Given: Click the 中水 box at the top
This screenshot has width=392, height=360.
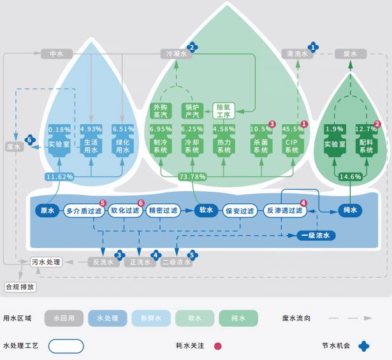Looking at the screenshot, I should pos(56,54).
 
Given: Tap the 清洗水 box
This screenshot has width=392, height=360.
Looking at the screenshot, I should pos(298,54).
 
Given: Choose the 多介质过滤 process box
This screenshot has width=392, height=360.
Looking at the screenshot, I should pos(83,210).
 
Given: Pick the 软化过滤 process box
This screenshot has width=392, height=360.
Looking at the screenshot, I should pos(125,210).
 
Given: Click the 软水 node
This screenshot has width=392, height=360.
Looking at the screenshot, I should pos(205,210).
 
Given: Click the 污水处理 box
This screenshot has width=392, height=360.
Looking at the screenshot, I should pos(47,262).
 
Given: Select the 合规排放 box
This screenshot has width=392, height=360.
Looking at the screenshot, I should pos(21,287).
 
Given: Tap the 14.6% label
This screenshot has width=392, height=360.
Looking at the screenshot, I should pos(351,176).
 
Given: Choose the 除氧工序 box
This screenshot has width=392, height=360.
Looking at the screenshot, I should pos(223,111).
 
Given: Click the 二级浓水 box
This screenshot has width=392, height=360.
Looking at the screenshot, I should pos(176,262).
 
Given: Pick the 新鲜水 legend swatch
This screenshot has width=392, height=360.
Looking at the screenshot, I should pos(151,318).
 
